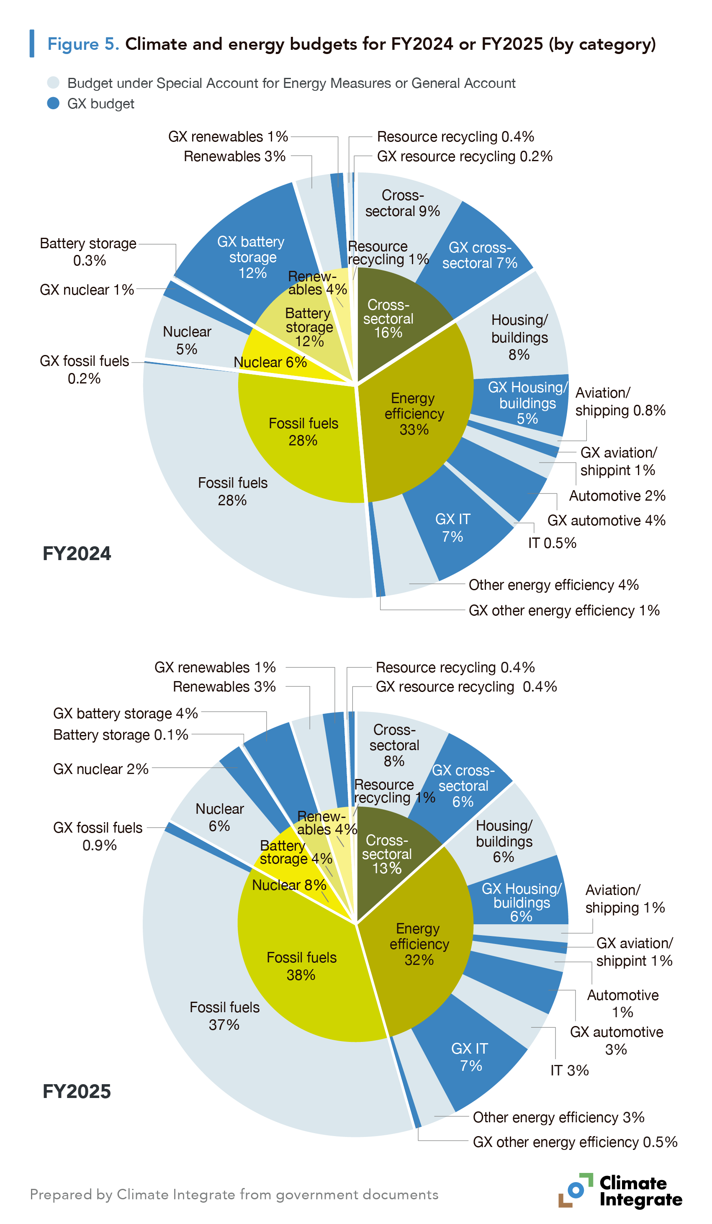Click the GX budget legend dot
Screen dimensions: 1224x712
click(54, 103)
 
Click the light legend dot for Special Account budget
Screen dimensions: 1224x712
click(54, 82)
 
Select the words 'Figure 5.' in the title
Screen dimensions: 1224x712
click(83, 44)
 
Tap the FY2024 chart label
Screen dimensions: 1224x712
click(77, 554)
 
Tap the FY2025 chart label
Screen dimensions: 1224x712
click(77, 1091)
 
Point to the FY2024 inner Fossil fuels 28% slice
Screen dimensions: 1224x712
click(303, 432)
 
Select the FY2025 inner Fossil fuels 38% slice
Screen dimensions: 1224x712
click(301, 966)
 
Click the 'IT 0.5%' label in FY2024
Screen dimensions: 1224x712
click(552, 543)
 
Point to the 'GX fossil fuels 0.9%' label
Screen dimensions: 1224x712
click(98, 836)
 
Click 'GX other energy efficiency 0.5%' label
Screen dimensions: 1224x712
click(575, 1142)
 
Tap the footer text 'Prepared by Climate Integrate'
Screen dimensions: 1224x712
click(234, 1194)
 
